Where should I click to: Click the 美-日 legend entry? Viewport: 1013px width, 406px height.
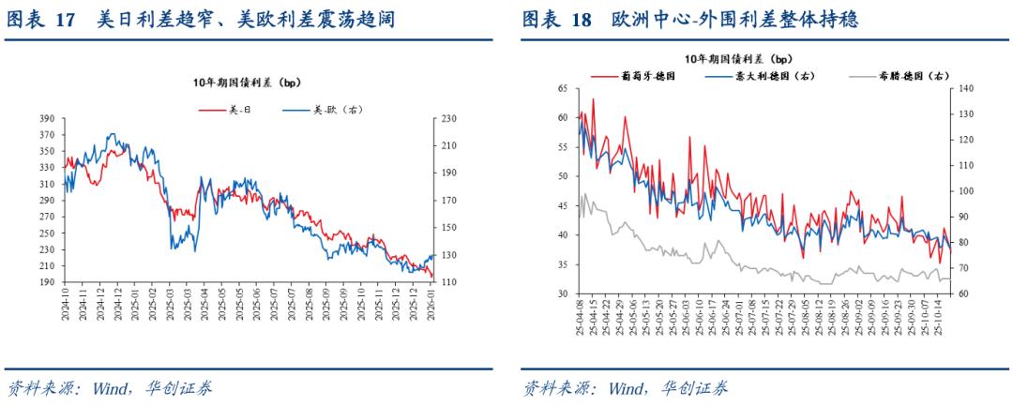coord(239,110)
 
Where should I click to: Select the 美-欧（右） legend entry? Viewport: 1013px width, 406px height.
coord(330,110)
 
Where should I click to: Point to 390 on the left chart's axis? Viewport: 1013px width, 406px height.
coord(46,119)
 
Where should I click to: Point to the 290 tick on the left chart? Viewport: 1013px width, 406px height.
coord(46,201)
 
